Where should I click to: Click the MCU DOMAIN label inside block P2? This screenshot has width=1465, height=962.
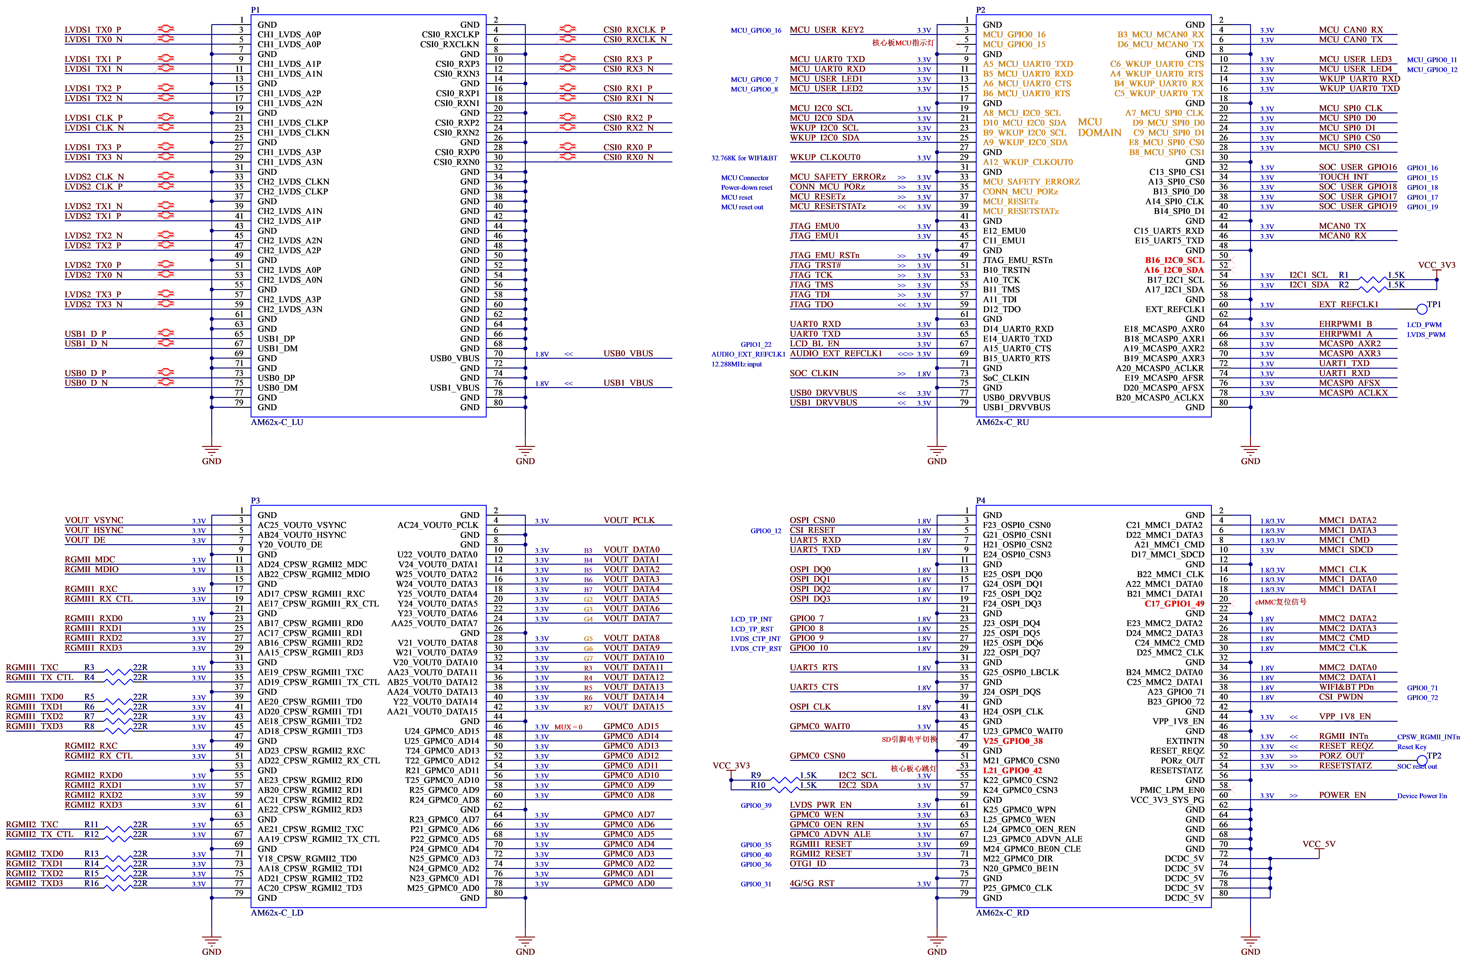click(1099, 127)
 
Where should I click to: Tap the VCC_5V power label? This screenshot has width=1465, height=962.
click(1318, 844)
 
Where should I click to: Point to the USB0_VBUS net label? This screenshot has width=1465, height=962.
click(628, 353)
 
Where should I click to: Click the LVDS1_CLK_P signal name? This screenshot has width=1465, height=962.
click(94, 118)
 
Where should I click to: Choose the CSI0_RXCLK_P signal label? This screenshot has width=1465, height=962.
click(634, 30)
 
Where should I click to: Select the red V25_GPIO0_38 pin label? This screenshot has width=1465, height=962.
click(1012, 741)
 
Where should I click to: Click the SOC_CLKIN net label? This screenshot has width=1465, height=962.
click(814, 373)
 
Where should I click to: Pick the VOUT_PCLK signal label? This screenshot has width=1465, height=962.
click(629, 520)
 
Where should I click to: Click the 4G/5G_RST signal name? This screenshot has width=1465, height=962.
click(812, 883)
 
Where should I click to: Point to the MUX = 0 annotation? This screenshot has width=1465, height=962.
click(568, 727)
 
